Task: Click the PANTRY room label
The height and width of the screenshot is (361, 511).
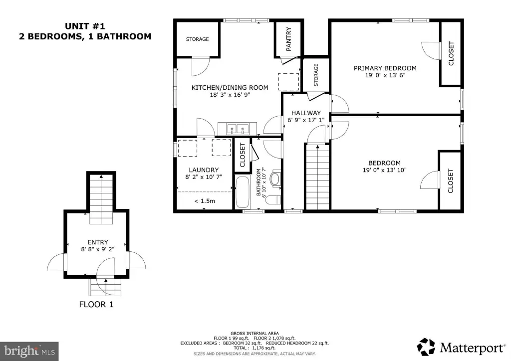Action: [289, 39]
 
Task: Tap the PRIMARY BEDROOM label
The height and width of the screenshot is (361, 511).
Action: [385, 68]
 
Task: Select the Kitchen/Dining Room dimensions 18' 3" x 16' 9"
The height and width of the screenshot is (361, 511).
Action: [230, 95]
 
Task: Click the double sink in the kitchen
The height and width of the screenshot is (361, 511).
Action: [237, 129]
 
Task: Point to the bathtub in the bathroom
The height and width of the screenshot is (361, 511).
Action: [243, 192]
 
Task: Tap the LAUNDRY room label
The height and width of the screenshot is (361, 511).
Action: [204, 170]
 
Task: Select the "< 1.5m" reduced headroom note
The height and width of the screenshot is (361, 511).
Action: [205, 201]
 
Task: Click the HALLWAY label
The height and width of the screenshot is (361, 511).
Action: [306, 113]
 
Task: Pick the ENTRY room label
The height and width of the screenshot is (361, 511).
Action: [98, 242]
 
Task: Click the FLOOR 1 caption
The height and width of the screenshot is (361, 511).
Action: [96, 304]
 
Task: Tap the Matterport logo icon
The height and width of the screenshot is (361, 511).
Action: [426, 347]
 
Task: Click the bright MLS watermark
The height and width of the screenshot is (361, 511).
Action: [29, 351]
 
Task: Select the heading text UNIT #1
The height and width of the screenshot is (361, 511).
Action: [85, 26]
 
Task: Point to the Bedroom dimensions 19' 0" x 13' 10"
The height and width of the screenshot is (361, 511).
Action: [385, 170]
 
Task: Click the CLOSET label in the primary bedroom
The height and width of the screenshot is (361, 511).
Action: [451, 53]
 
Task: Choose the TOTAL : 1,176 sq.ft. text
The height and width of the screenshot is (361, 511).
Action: [255, 348]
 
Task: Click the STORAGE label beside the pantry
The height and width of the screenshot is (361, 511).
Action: [316, 75]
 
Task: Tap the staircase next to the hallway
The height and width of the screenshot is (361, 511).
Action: [317, 177]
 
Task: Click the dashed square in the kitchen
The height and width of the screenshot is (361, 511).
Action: [288, 82]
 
